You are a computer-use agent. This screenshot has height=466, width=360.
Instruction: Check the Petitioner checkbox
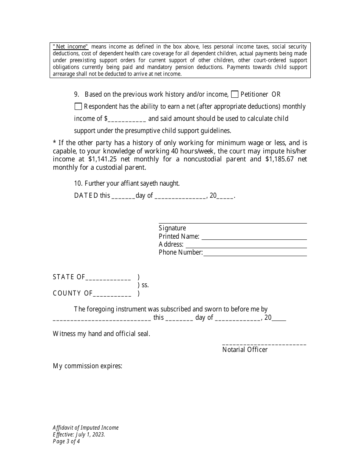tap(235, 94)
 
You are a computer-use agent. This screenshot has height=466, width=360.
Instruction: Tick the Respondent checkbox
tap(78, 106)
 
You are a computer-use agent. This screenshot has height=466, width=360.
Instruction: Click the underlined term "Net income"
tap(70, 47)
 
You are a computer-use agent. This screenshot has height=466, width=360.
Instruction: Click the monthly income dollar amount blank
tap(127, 119)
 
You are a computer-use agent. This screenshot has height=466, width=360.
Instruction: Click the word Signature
tap(172, 228)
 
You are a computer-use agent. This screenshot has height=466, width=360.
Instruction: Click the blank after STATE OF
tap(108, 277)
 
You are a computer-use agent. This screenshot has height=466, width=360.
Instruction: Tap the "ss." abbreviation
tap(145, 285)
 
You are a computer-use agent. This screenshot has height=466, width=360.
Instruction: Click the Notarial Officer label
tap(245, 350)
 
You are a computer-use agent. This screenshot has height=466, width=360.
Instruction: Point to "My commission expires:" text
tap(88, 366)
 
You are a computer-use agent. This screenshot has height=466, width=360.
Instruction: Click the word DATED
tap(86, 196)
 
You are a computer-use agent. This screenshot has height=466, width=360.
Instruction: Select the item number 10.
tap(78, 183)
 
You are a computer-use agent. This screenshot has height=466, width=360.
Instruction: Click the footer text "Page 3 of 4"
tap(66, 441)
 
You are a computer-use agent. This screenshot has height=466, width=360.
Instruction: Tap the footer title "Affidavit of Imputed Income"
tap(86, 428)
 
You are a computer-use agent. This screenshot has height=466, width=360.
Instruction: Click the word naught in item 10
tap(169, 183)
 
